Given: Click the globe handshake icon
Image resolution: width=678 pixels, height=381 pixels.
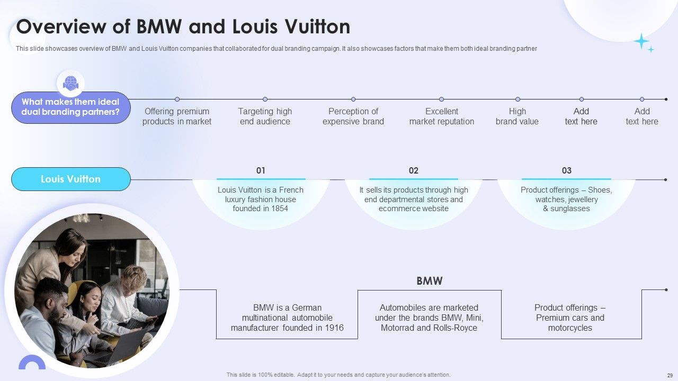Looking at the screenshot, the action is click(x=70, y=84).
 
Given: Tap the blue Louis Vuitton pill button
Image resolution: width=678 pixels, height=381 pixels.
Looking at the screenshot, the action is click(x=71, y=179).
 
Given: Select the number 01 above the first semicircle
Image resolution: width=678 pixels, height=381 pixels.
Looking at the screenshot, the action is click(x=261, y=170).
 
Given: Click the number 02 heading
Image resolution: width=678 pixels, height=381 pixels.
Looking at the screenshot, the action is click(x=414, y=170).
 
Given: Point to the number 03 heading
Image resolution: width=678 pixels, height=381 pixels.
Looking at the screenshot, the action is click(x=567, y=170).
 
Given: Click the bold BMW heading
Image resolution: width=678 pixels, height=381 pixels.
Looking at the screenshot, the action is click(x=430, y=281).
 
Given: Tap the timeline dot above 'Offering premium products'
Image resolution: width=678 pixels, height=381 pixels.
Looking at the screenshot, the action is click(x=177, y=99).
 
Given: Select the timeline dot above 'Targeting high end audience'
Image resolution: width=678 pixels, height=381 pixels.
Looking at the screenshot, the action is click(x=265, y=99).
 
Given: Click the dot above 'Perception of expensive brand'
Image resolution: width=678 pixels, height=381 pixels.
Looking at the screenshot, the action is click(x=353, y=99).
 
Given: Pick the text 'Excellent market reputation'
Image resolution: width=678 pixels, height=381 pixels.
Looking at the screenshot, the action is click(x=442, y=116).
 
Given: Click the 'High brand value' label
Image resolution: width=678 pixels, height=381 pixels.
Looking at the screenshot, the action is click(x=518, y=116).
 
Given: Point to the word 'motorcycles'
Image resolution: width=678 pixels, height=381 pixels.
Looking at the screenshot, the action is click(x=570, y=328).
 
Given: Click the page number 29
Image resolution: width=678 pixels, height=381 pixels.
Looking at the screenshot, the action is click(x=670, y=375).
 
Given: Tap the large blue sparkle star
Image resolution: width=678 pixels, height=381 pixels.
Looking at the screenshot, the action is click(x=641, y=41).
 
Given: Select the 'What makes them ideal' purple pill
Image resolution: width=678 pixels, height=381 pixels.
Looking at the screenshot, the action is click(x=71, y=107).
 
